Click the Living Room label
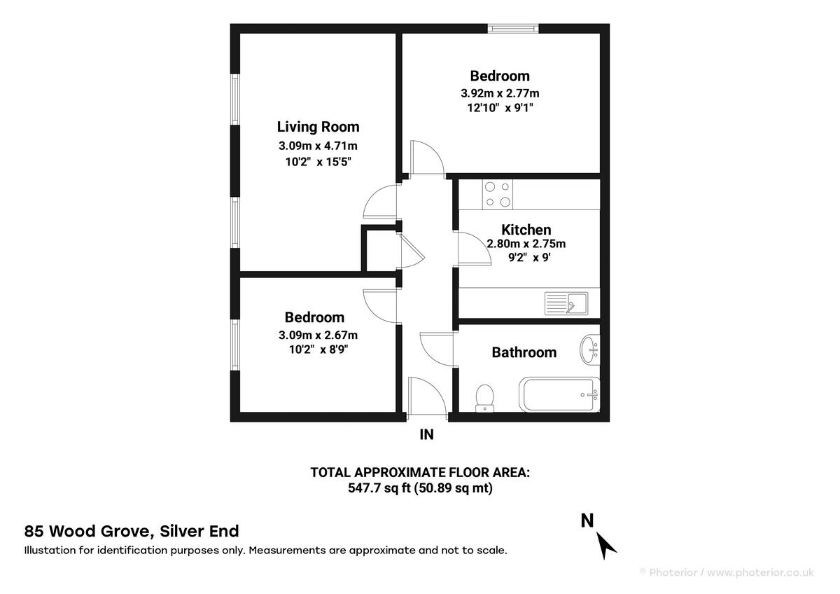point(318,127)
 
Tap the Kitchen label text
point(526,230)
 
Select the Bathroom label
point(524,352)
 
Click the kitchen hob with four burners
point(496,194)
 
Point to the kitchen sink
point(566,304)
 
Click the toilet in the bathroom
point(484,398)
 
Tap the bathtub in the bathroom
point(559,394)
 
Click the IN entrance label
point(426,435)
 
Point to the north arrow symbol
point(606,544)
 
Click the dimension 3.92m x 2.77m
point(499,92)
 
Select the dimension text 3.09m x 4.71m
point(318,146)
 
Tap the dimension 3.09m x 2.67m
point(318,335)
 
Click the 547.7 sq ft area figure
point(377,488)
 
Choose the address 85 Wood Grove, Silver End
point(132,531)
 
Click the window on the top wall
point(513,28)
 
